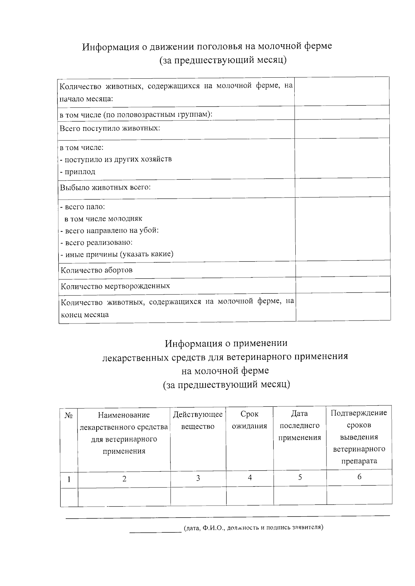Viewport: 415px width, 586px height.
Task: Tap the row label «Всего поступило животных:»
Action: tap(110, 128)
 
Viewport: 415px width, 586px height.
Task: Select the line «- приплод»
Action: tap(78, 172)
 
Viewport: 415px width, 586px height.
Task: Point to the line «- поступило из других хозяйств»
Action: tap(116, 159)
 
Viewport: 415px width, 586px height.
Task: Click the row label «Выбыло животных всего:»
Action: tap(105, 188)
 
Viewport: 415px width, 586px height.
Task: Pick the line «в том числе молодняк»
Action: tap(103, 219)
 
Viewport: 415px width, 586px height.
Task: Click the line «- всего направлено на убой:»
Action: tap(110, 230)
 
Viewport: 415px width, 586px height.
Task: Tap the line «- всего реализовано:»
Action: tap(97, 242)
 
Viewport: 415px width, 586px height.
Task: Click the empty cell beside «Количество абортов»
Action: tap(343, 268)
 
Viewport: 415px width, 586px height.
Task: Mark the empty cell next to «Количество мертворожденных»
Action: tap(343, 284)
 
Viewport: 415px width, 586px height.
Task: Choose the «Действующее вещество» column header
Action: tap(198, 420)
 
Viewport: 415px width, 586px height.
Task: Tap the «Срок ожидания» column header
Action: tap(249, 420)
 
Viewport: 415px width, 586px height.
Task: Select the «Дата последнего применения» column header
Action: tap(299, 425)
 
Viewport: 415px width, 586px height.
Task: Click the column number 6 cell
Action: tap(359, 477)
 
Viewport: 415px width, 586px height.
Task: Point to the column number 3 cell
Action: tap(198, 478)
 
